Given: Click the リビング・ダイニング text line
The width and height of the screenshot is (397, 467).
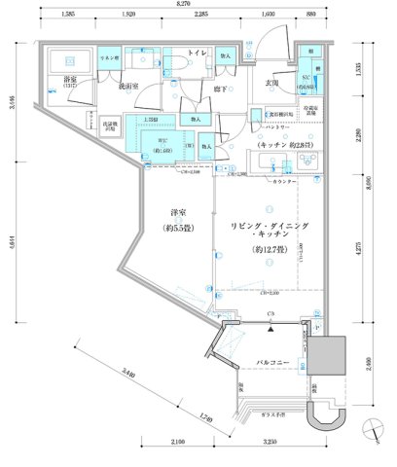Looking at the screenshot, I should tap(271, 226).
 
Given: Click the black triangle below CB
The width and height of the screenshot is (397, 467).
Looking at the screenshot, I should tap(270, 328).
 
